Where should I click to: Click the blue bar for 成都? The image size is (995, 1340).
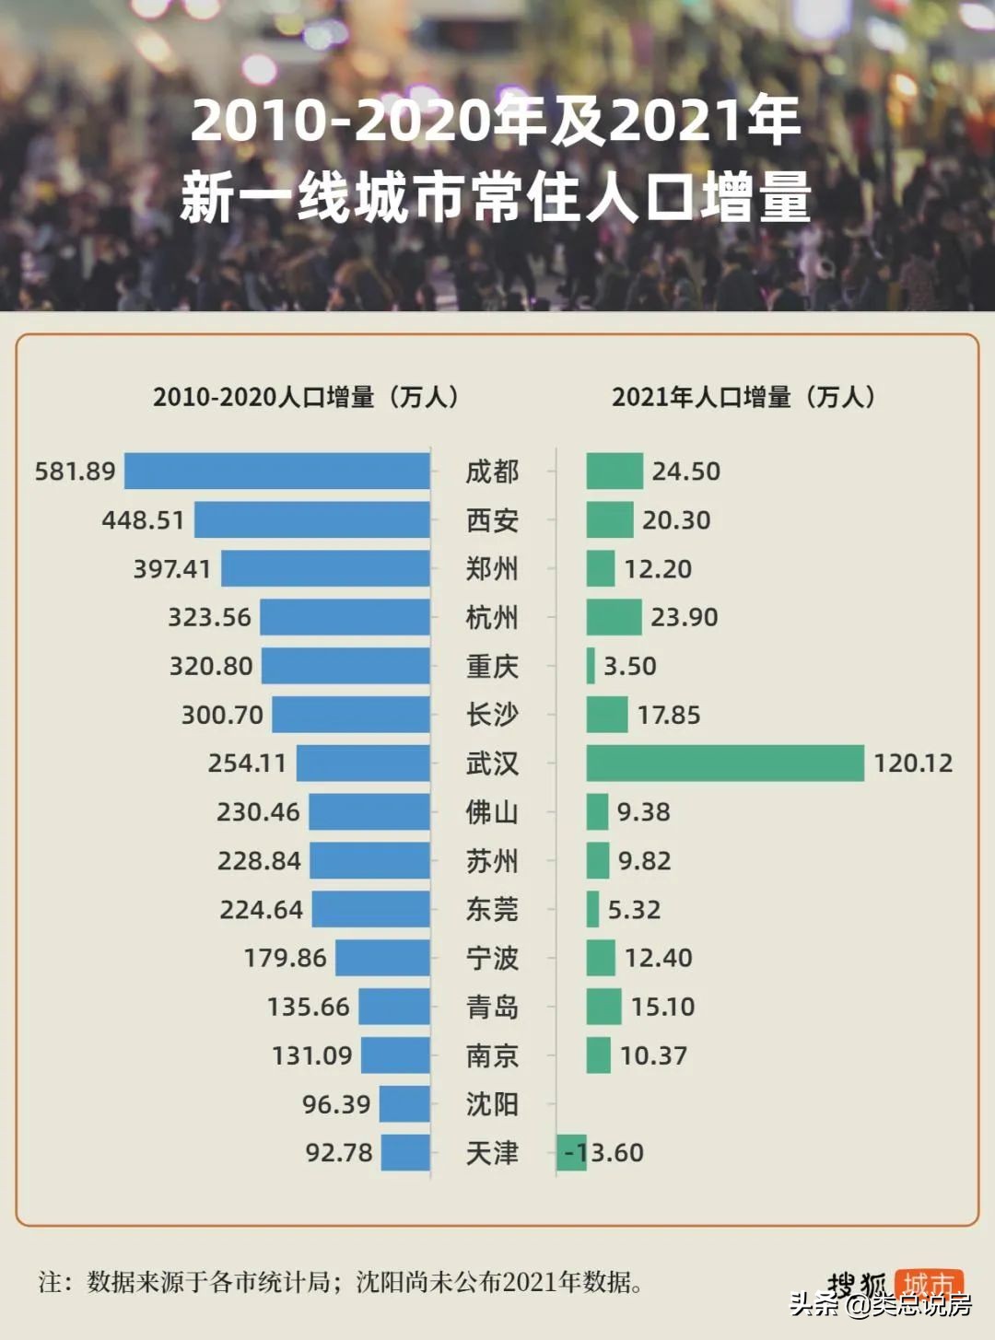pyautogui.click(x=276, y=471)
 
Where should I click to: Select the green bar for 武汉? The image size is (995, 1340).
pyautogui.click(x=725, y=763)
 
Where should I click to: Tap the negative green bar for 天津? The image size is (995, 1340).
pyautogui.click(x=571, y=1152)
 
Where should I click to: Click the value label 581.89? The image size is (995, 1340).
pyautogui.click(x=75, y=472)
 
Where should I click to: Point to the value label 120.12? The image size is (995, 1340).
pyautogui.click(x=913, y=763)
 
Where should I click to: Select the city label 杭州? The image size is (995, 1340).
pyautogui.click(x=492, y=617)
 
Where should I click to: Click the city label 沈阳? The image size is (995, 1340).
pyautogui.click(x=492, y=1103)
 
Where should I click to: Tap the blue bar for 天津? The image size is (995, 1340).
pyautogui.click(x=405, y=1152)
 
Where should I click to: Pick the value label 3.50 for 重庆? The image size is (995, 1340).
pyautogui.click(x=630, y=666)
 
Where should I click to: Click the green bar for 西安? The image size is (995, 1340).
pyautogui.click(x=610, y=519)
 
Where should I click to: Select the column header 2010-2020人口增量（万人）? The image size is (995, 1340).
pyautogui.click(x=306, y=397)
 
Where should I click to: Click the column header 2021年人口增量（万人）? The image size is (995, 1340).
pyautogui.click(x=743, y=397)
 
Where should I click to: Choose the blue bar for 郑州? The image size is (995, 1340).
pyautogui.click(x=325, y=568)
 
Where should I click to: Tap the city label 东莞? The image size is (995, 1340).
pyautogui.click(x=492, y=909)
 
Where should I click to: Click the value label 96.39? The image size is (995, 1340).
pyautogui.click(x=336, y=1104)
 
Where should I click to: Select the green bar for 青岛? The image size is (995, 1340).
pyautogui.click(x=603, y=1007)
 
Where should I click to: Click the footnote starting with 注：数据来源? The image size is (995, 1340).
pyautogui.click(x=341, y=1281)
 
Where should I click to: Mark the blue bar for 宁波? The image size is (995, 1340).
pyautogui.click(x=382, y=958)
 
